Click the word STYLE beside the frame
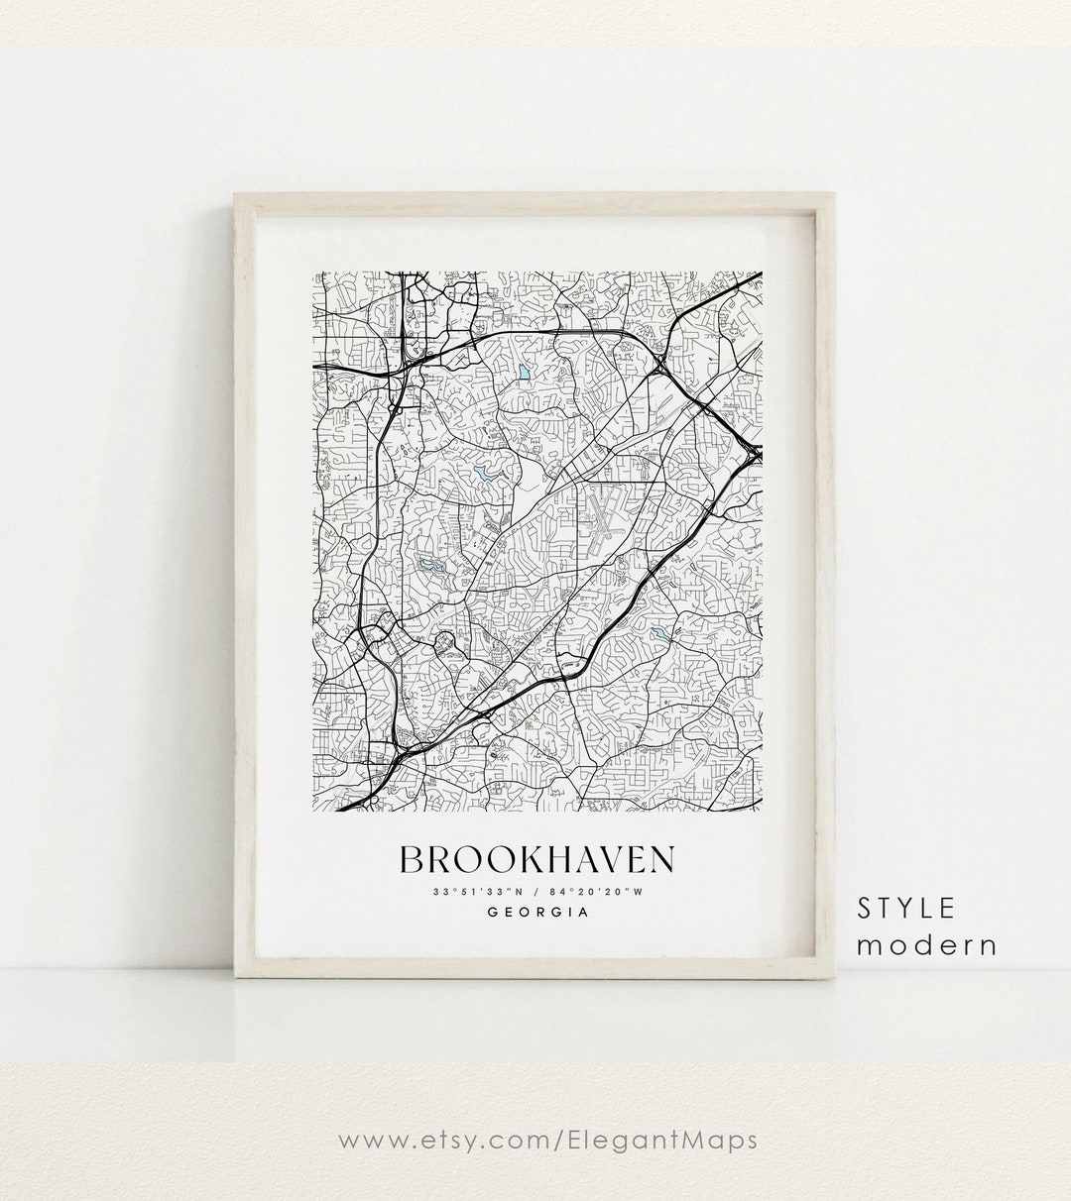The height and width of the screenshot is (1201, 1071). pyautogui.click(x=906, y=907)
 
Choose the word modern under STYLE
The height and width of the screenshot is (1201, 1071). pyautogui.click(x=926, y=944)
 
